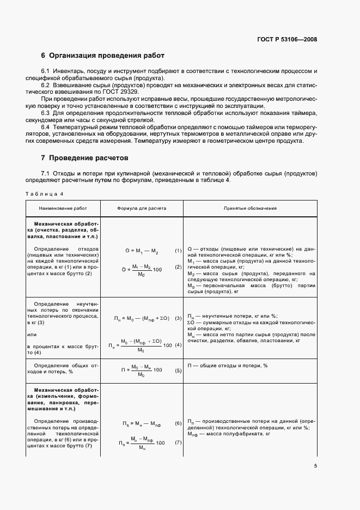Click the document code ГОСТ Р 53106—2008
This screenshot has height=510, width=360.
click(x=286, y=39)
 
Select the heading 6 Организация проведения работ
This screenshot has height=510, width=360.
click(x=103, y=56)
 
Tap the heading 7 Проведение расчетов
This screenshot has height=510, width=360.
click(x=84, y=159)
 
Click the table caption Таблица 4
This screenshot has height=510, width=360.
click(x=45, y=194)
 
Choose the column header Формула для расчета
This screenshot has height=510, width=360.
click(x=142, y=208)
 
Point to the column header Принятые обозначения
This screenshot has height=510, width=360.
click(x=250, y=208)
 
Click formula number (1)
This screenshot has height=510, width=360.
click(x=178, y=251)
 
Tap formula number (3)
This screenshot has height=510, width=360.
click(x=178, y=318)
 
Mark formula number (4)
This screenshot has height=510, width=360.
click(x=178, y=345)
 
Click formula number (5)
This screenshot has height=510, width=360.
click(x=178, y=371)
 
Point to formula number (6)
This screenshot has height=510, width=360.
click(x=178, y=423)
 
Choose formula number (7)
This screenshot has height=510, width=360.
click(x=178, y=443)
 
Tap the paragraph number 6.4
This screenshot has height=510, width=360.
click(x=46, y=127)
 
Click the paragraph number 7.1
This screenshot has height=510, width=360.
click(x=46, y=174)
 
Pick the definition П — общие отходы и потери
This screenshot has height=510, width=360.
click(x=227, y=365)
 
